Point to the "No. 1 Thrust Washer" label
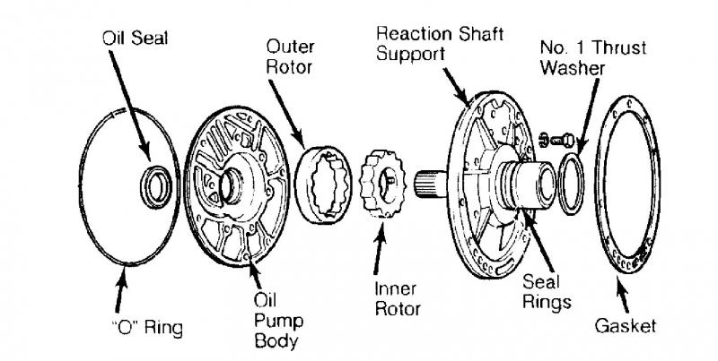tap(582, 56)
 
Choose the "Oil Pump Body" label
tap(266, 319)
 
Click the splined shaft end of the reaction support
tap(429, 185)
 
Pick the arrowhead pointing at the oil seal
tap(151, 162)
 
